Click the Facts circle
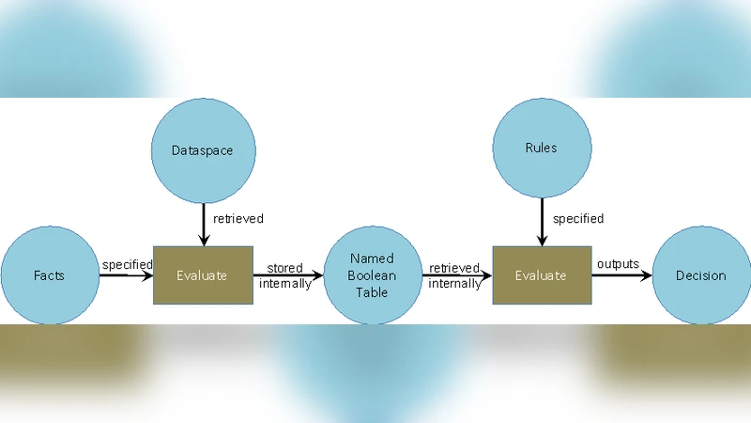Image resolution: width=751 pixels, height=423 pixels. pos(50,275)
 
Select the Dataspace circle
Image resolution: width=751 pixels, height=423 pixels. pos(202,149)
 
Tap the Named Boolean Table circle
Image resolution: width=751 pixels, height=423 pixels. pos(372,275)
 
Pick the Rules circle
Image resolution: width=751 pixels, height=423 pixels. pos(542,148)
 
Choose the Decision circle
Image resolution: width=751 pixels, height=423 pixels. pos(700,275)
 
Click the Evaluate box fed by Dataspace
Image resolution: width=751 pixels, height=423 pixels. pos(203,275)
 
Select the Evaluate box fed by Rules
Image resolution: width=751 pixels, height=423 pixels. pos(541,275)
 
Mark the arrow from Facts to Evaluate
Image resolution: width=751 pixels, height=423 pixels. pos(126,275)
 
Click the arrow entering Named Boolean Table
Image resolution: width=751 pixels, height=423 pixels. pos(287,275)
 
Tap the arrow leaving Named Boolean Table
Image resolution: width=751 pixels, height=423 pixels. pos(455,275)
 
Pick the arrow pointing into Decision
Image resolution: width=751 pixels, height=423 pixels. pos(621,275)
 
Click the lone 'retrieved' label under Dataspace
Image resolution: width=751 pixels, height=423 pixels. pos(238,219)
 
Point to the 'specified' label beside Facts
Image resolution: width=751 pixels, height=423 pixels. pos(127,264)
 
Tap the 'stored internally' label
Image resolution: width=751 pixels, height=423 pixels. pos(284,275)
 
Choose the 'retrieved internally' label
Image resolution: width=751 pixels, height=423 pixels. pos(455,275)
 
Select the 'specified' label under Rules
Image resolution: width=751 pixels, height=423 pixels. pos(578,219)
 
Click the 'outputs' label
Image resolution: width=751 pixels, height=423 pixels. pos(618,264)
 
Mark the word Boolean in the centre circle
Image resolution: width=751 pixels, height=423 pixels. pos(372,275)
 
